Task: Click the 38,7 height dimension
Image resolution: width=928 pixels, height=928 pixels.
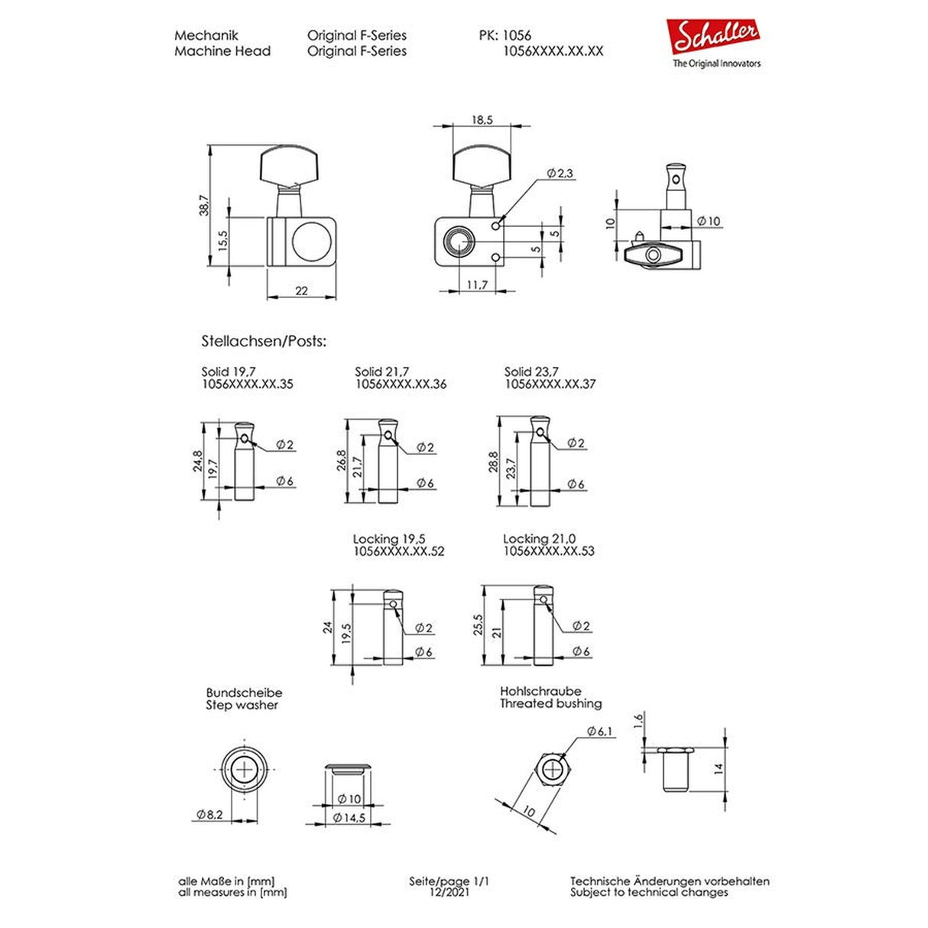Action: click(x=203, y=204)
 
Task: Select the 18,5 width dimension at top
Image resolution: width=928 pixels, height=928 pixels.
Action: click(x=482, y=120)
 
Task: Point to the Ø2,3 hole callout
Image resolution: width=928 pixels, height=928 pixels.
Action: click(x=560, y=174)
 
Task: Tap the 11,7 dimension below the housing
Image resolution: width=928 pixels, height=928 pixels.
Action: click(x=476, y=285)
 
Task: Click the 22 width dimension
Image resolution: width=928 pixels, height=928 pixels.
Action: click(x=301, y=291)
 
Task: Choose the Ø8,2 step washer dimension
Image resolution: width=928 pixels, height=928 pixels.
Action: click(x=209, y=815)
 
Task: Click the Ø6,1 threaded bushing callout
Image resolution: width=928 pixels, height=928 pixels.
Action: click(x=600, y=732)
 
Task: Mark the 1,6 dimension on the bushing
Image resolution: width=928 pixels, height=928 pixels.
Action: click(x=639, y=722)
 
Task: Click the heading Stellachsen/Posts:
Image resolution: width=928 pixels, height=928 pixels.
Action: click(x=264, y=341)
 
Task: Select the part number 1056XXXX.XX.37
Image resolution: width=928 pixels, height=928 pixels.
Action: click(x=550, y=385)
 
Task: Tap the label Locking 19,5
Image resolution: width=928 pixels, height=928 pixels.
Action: click(x=389, y=539)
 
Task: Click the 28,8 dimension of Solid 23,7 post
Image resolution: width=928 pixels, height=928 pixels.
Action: click(x=493, y=462)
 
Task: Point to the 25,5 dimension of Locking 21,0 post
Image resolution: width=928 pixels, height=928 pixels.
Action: click(x=479, y=625)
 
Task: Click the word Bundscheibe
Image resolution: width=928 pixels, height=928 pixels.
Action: click(x=244, y=693)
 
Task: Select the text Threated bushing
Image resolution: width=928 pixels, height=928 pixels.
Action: click(x=550, y=704)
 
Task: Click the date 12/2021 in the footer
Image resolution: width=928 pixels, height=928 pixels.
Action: click(x=449, y=892)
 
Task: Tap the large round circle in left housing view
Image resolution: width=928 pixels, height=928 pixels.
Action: click(x=310, y=242)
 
